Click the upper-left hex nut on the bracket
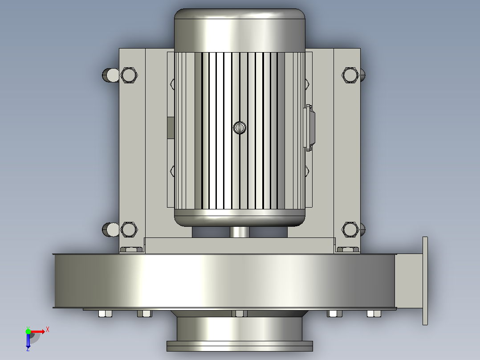tap(129, 75)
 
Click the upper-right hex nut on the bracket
tap(350, 75)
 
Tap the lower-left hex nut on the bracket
tap(129, 229)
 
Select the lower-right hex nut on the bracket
tap(350, 229)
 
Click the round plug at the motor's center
tap(240, 127)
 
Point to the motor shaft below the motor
tap(240, 232)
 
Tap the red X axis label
tap(48, 330)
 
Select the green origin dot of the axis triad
tap(28, 331)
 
